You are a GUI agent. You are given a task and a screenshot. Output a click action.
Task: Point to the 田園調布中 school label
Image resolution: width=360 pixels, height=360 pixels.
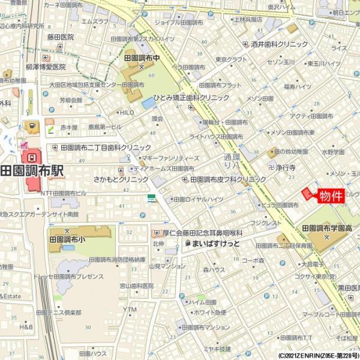point(142,59)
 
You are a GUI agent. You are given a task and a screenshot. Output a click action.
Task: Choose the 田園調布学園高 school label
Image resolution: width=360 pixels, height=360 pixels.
point(326,229)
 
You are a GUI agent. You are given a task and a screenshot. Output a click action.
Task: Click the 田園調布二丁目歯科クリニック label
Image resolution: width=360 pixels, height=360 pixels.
point(105,147)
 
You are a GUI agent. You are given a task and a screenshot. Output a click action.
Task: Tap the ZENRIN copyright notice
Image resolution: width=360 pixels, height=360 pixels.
point(318,355)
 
